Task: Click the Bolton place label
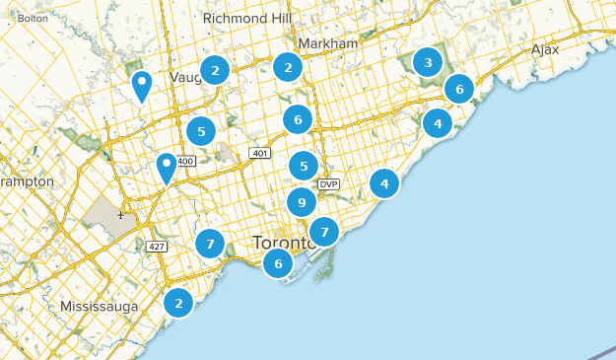click(33, 18)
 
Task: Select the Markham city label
click(328, 44)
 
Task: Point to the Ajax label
click(544, 48)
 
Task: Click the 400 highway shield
click(187, 161)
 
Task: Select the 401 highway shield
click(260, 153)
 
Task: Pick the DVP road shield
click(328, 184)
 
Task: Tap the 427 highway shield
click(156, 247)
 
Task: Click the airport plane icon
click(120, 214)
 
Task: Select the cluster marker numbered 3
click(427, 63)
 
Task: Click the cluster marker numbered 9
click(302, 203)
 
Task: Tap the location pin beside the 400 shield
click(167, 167)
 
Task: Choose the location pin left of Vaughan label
click(142, 85)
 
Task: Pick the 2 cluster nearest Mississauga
click(178, 303)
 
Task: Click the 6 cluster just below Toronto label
click(279, 263)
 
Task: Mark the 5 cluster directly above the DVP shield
click(304, 167)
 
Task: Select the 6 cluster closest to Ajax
click(458, 89)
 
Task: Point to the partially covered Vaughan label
click(183, 77)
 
